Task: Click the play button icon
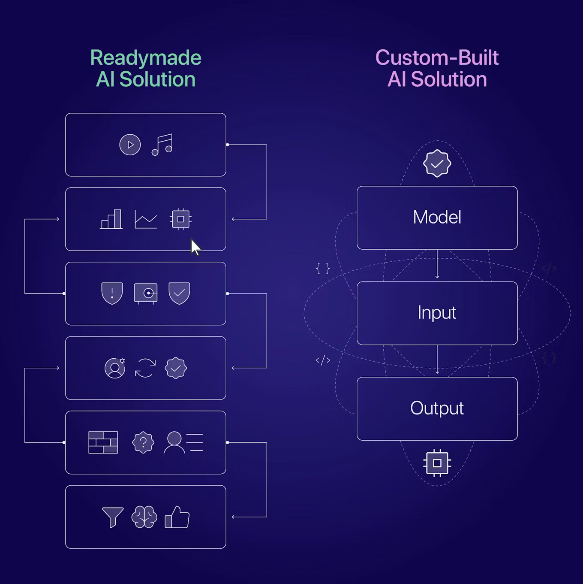pyautogui.click(x=130, y=145)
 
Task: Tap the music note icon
pyautogui.click(x=162, y=145)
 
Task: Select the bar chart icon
pyautogui.click(x=111, y=219)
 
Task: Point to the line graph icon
pyautogui.click(x=146, y=219)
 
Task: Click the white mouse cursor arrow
pyautogui.click(x=195, y=247)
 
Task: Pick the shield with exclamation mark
pyautogui.click(x=112, y=293)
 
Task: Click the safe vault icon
pyautogui.click(x=146, y=294)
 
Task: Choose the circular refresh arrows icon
pyautogui.click(x=145, y=368)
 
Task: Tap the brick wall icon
pyautogui.click(x=103, y=442)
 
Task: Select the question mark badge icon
pyautogui.click(x=143, y=442)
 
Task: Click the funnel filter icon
pyautogui.click(x=113, y=517)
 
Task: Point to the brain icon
pyautogui.click(x=144, y=517)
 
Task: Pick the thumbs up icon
pyautogui.click(x=177, y=517)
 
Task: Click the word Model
pyautogui.click(x=437, y=217)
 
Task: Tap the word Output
pyautogui.click(x=437, y=408)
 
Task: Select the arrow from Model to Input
pyautogui.click(x=437, y=265)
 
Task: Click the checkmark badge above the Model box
pyautogui.click(x=437, y=163)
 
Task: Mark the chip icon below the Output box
pyautogui.click(x=437, y=463)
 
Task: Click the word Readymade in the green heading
pyautogui.click(x=146, y=58)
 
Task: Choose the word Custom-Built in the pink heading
pyautogui.click(x=437, y=58)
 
